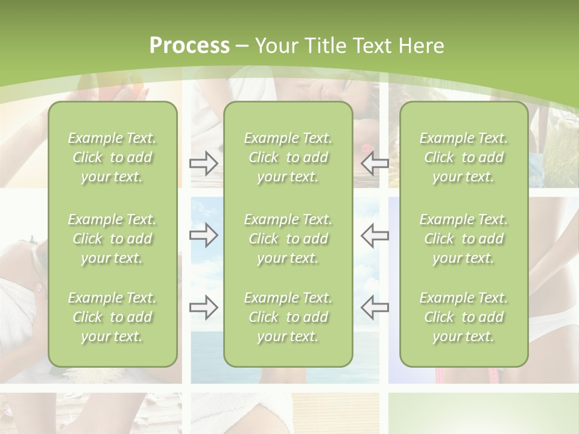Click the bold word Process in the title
(189, 46)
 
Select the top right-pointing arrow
(203, 163)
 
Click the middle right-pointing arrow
(203, 234)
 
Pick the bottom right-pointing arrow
(203, 307)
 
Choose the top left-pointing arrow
(375, 163)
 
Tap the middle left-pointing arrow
(375, 234)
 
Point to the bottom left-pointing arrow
(375, 307)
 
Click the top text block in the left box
(112, 157)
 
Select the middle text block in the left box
(112, 239)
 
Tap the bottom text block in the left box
(112, 317)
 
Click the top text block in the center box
(288, 157)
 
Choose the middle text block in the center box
(288, 239)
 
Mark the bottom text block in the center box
(288, 317)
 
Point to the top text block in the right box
(464, 157)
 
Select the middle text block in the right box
(464, 239)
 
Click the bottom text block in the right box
(464, 317)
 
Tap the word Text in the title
(369, 46)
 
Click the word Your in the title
(274, 46)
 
